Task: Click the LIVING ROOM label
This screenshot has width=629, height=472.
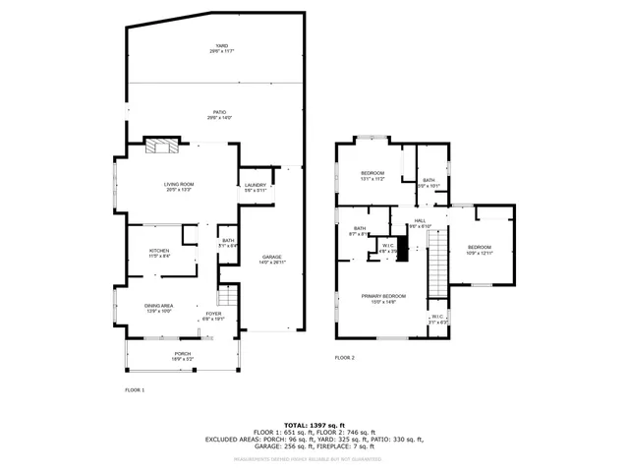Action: click(x=178, y=186)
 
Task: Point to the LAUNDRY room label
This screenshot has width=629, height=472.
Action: click(x=255, y=187)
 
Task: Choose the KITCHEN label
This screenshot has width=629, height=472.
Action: click(x=159, y=253)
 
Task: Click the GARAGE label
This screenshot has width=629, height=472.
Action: click(x=272, y=259)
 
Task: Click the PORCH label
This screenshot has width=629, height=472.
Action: click(x=183, y=355)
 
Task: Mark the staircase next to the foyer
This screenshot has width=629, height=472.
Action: click(x=228, y=296)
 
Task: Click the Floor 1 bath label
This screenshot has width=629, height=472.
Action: click(x=228, y=243)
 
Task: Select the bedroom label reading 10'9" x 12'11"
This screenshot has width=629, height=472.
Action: click(x=479, y=250)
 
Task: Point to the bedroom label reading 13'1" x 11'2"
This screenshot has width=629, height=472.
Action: click(x=372, y=176)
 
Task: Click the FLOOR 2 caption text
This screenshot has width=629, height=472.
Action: click(x=344, y=358)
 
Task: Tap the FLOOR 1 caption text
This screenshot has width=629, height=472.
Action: click(x=135, y=391)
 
